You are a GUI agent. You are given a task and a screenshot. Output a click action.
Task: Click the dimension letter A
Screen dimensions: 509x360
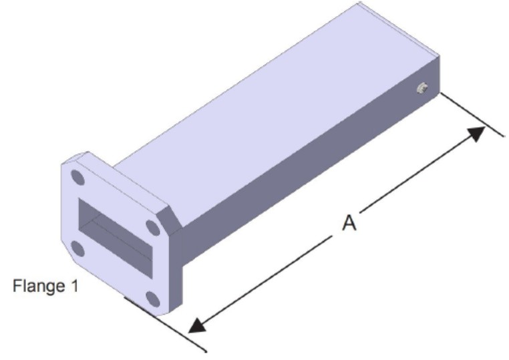pos(349,222)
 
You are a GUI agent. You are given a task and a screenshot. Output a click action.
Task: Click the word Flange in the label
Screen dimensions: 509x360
pos(39,286)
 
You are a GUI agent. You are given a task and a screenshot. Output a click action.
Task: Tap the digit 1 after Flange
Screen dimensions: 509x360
pos(75,285)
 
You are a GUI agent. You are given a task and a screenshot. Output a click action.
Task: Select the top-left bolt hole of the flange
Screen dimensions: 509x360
pos(77,177)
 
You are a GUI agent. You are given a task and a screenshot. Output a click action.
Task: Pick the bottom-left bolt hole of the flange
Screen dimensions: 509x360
pos(77,249)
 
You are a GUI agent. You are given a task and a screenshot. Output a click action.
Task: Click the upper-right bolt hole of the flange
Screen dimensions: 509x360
pos(152,228)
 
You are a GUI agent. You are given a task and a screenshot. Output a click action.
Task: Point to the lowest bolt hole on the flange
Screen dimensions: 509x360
pos(152,299)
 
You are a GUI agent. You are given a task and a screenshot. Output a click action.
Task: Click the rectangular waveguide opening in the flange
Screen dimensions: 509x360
pos(116,238)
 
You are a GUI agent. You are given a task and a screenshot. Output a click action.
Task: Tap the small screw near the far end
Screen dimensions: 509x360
pos(422,88)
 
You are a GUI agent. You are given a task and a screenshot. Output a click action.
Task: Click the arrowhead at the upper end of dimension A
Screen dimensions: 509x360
pos(476,133)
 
